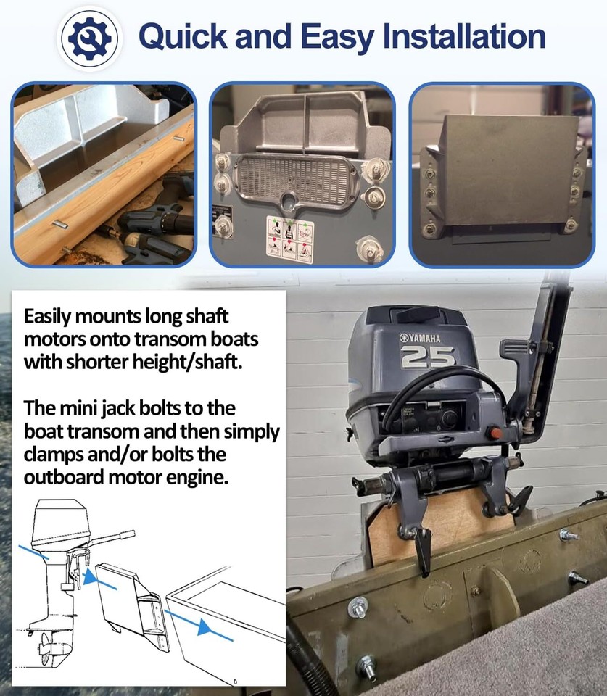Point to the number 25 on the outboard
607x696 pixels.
click(x=428, y=356)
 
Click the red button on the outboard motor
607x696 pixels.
click(x=496, y=433)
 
